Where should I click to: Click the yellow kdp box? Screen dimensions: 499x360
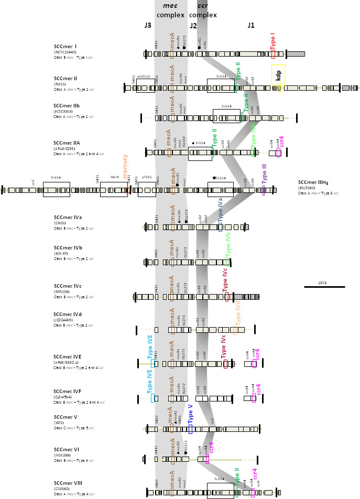[278, 74]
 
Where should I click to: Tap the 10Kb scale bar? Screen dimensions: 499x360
[331, 287]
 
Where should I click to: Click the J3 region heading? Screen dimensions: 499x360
[148, 25]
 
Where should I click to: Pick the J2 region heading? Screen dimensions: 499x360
[193, 25]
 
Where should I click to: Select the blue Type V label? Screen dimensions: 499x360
[190, 414]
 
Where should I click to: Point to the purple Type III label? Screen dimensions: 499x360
[264, 174]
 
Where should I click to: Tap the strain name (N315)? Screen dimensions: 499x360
[60, 84]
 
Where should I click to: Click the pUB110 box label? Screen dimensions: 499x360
[144, 77]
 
